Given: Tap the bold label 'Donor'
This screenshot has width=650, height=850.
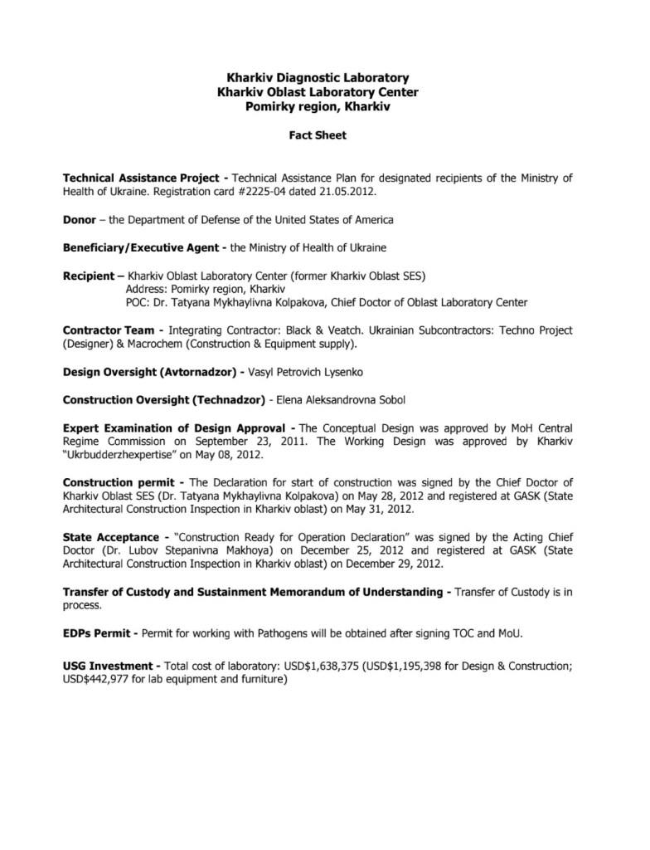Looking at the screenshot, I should pyautogui.click(x=79, y=220).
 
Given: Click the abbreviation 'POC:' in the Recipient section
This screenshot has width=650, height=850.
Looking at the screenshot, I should pyautogui.click(x=138, y=302).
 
